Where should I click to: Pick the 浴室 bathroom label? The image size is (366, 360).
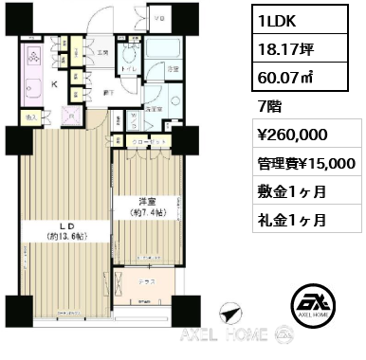174,68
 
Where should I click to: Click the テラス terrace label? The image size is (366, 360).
144,281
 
